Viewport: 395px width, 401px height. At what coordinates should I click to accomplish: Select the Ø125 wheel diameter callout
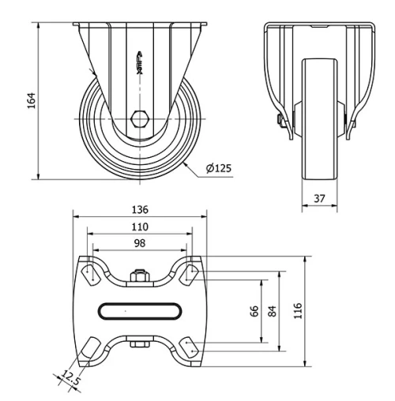tap(217, 169)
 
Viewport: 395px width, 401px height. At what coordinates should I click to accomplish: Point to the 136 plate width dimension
tap(139, 210)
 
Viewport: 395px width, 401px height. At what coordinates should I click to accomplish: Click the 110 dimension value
tap(139, 227)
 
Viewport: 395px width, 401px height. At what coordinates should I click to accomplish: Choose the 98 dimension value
tap(139, 244)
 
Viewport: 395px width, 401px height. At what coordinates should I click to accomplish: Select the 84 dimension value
tap(273, 310)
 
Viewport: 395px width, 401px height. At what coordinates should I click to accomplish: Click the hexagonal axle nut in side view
tap(139, 119)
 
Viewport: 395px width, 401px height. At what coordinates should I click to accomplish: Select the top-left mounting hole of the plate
tap(88, 272)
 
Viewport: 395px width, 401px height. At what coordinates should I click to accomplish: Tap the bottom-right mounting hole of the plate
tap(190, 348)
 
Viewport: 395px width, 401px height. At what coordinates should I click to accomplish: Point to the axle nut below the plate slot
tap(139, 344)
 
